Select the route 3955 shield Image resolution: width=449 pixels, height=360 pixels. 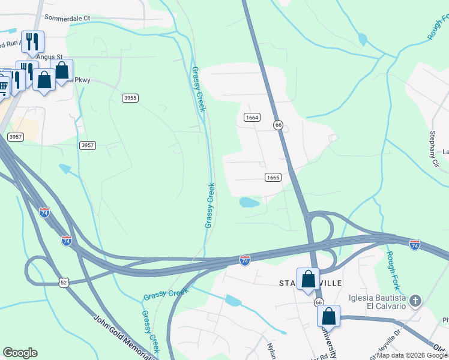coord(130,98)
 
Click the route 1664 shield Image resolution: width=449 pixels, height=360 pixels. coord(252,118)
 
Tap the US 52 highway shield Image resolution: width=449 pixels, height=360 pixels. coord(64,281)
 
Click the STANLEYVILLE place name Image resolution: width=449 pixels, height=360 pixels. coord(310,283)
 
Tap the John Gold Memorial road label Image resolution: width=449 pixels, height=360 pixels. coord(123,336)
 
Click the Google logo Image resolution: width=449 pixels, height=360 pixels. coord(20,353)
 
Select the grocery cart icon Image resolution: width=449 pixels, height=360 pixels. coord(3,88)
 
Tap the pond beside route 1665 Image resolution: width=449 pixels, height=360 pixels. coord(250,202)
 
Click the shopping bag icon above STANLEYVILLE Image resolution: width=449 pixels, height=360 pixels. coord(308,279)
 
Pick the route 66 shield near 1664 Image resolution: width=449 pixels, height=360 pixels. coord(278,125)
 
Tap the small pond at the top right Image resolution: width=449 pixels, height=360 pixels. coord(362,40)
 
